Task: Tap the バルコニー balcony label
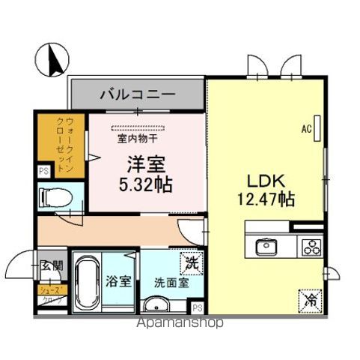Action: click(138, 95)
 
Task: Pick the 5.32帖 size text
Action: click(143, 182)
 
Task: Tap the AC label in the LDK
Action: click(306, 129)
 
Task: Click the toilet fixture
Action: click(55, 196)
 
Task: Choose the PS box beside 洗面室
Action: click(197, 307)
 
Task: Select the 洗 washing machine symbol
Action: click(192, 263)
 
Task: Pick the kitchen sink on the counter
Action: click(266, 245)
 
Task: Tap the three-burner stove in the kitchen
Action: click(310, 246)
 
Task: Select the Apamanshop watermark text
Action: click(180, 324)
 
